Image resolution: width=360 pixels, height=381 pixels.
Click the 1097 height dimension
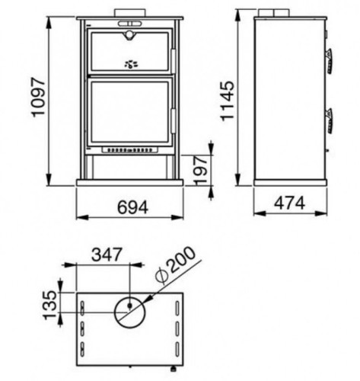tap(38, 98)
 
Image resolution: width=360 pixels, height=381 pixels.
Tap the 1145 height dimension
tap(227, 101)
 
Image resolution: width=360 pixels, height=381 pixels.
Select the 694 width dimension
tap(132, 207)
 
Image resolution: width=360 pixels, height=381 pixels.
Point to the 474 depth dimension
tap(289, 203)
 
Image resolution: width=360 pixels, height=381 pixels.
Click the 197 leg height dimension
tap(200, 170)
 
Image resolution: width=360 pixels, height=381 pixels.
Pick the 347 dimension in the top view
tap(107, 255)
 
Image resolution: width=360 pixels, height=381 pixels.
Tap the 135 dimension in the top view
tap(49, 305)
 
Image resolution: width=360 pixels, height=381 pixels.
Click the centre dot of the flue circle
tap(130, 306)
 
